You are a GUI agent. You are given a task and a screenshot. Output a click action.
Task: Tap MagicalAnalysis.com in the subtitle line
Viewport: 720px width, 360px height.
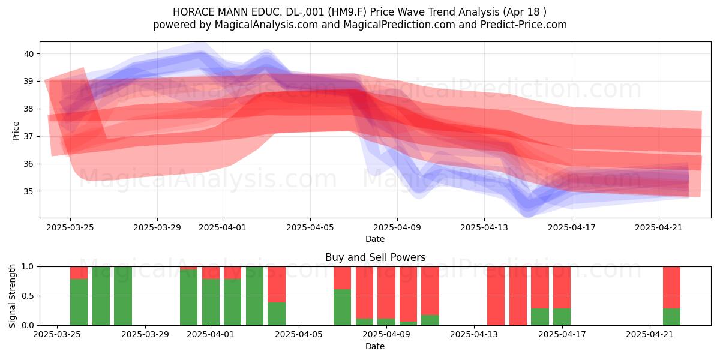(x=266, y=25)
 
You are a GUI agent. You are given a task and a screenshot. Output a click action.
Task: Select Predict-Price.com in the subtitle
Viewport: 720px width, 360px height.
(x=524, y=25)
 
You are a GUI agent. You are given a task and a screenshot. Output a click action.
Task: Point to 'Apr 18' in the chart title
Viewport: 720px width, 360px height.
(x=524, y=12)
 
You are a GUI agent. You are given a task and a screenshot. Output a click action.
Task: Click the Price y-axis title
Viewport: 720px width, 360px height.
(x=16, y=131)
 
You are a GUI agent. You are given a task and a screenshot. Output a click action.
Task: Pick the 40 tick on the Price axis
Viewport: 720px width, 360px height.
(x=29, y=53)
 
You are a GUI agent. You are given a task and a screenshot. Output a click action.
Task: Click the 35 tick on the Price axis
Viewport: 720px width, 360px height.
(x=29, y=191)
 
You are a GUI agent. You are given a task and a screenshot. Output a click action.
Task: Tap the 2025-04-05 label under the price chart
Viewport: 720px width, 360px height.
(x=310, y=227)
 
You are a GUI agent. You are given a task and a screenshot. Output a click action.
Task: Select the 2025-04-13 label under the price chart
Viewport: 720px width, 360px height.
(x=484, y=227)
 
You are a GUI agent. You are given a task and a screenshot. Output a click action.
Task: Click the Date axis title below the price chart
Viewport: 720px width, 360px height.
(x=375, y=239)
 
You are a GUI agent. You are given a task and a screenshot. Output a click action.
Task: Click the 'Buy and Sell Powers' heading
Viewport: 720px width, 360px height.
(x=375, y=257)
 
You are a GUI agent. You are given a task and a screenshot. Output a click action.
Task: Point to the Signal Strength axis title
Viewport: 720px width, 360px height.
(x=12, y=296)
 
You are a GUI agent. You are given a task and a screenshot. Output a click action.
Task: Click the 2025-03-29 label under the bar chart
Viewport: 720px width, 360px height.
(x=145, y=335)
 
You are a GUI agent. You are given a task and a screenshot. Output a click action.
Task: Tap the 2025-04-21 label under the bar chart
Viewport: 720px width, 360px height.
(x=650, y=335)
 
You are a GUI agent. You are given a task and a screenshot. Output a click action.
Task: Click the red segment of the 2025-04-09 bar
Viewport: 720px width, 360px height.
(x=386, y=293)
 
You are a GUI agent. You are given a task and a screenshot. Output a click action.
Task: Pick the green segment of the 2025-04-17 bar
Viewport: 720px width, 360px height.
(x=562, y=317)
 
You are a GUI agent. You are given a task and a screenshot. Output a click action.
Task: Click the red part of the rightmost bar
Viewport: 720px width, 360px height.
(x=672, y=287)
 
